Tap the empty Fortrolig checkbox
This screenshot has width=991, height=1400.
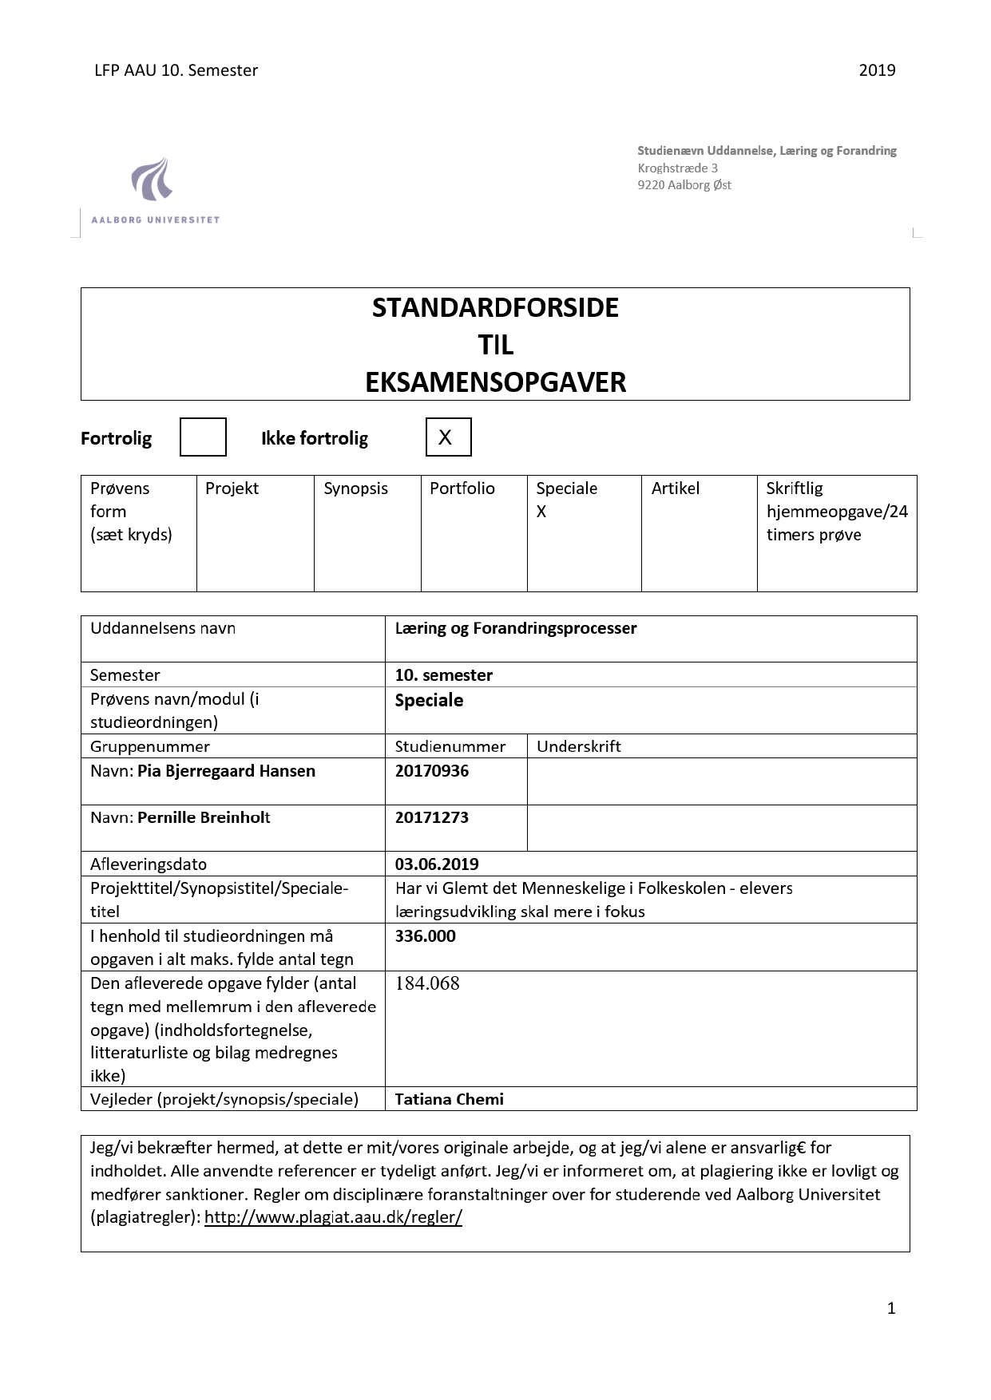coord(203,437)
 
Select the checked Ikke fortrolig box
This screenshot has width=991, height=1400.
coord(448,437)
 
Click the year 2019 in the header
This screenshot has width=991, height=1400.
coord(877,70)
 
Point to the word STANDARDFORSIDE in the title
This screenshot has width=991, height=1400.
coord(495,308)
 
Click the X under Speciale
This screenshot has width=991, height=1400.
coord(541,512)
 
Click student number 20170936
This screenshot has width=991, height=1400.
coord(432,771)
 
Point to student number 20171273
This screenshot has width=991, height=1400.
coord(432,817)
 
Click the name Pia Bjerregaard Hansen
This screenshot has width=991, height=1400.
coord(226,771)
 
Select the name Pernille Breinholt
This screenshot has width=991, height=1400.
coord(204,817)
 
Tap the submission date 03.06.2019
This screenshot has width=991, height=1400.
coord(437,864)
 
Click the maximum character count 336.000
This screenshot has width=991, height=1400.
coord(426,935)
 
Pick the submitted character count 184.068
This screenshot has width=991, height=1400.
coord(427,983)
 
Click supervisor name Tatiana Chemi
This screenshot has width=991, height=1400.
coord(450,1099)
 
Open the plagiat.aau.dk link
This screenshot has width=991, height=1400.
coord(333,1217)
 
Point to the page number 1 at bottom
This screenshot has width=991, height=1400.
coord(891,1307)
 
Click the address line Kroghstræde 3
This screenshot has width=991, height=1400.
coord(677,168)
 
